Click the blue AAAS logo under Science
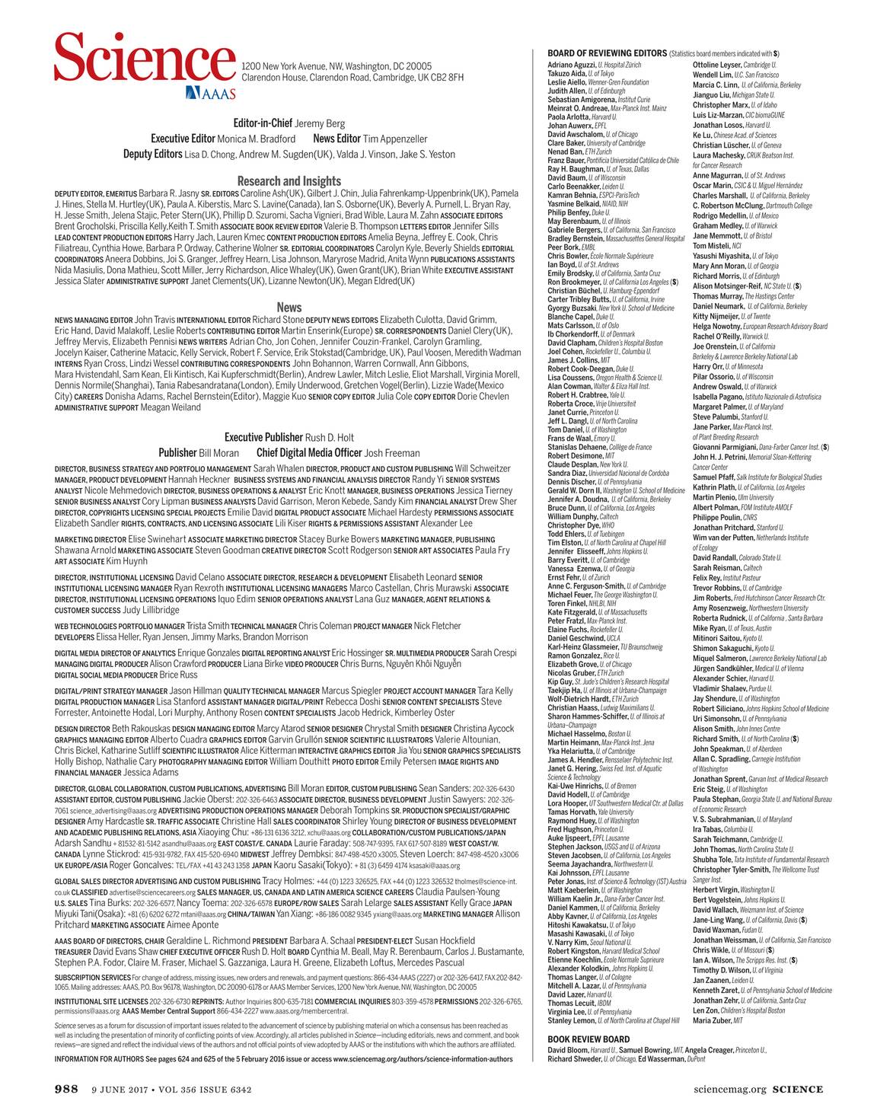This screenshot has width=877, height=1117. pos(210,93)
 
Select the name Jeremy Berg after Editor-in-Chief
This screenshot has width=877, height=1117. pos(320,123)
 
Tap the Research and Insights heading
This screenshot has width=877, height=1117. pos(289,181)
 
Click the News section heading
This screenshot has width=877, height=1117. pos(289,307)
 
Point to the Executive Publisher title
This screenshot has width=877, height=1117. pos(263,437)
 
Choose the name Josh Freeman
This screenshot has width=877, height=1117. pos(392,453)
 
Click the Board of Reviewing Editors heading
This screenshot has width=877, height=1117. pos(607,53)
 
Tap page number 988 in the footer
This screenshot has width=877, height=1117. pos(66,1090)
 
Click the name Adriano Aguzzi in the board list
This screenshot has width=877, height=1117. pos(572,65)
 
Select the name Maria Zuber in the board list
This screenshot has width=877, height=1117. pos(711,1020)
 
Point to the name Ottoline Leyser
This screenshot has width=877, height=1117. pos(716,65)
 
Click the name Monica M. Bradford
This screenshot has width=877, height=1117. pos(256,139)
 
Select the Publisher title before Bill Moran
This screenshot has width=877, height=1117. pos(177,453)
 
